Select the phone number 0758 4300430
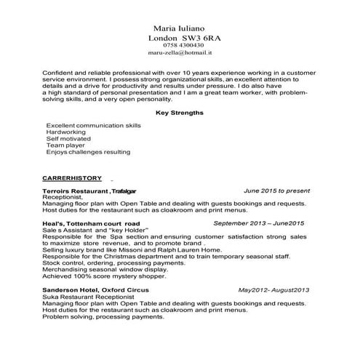[x=179, y=45]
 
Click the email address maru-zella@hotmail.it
[x=179, y=54]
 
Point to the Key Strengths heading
[x=180, y=113]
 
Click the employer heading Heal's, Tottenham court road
[x=91, y=222]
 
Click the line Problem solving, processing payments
[x=103, y=317]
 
